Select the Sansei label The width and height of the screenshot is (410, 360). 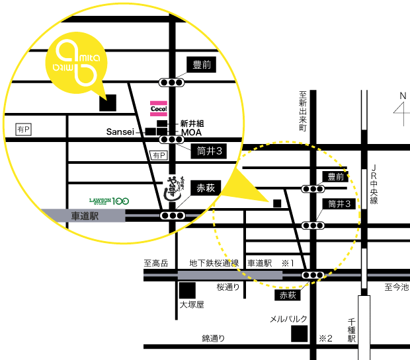(x=120, y=132)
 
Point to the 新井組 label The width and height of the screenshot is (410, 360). (x=192, y=124)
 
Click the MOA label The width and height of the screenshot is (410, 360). (x=190, y=132)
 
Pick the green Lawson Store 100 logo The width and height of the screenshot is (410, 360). (x=109, y=200)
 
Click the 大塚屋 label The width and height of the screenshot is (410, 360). (x=192, y=305)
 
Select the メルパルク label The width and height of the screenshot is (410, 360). (x=288, y=318)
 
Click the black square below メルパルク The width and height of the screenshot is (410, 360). (x=300, y=334)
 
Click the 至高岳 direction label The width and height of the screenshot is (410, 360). (x=156, y=263)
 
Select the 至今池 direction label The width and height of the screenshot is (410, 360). (x=397, y=287)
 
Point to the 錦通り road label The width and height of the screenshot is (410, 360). (x=213, y=338)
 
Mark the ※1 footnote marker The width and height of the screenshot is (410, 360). (x=288, y=263)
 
